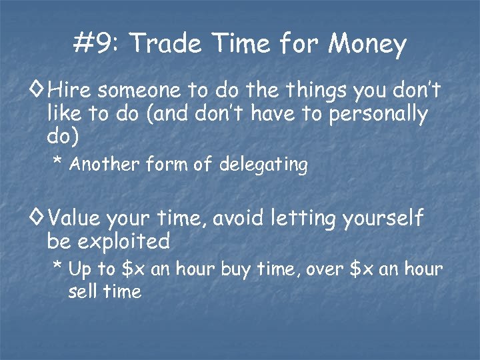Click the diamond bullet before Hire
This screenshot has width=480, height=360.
click(x=37, y=88)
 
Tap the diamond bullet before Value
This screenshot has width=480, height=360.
click(x=37, y=216)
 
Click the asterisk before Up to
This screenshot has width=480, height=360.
click(x=57, y=267)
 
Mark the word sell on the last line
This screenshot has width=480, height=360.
click(x=82, y=291)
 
